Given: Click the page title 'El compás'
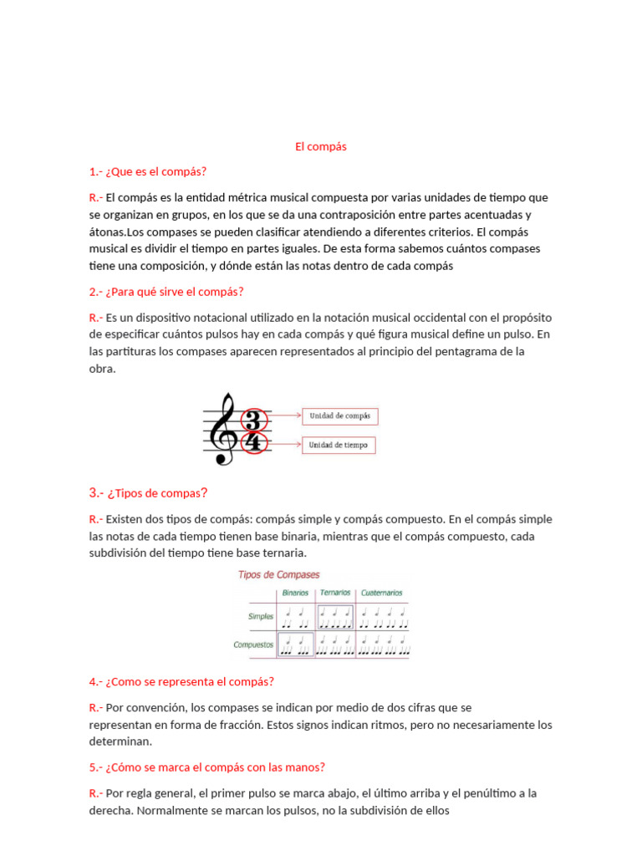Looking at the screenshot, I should [x=320, y=146].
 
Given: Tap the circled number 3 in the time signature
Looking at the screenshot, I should [x=252, y=420].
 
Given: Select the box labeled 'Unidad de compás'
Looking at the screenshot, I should [x=340, y=415].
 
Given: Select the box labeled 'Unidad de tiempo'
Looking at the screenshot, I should [x=339, y=445].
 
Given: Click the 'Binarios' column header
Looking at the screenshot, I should [x=295, y=593].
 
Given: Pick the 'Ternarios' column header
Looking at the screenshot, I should [x=335, y=593].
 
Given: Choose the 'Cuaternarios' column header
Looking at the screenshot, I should [x=382, y=593].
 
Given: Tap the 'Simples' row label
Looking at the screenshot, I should [x=261, y=617].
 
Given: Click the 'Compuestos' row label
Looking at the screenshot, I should [x=254, y=645].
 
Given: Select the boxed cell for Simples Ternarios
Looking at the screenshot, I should [x=335, y=618].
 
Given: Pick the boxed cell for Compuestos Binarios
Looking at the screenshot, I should [x=295, y=645].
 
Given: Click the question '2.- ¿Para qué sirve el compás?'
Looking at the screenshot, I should [x=166, y=292].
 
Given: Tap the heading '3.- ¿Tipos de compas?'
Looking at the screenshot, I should [x=148, y=492].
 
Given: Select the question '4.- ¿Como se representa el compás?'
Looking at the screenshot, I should [x=181, y=681].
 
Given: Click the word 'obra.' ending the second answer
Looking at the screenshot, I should [x=103, y=369].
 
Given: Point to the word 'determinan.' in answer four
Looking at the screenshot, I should [x=121, y=741].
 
